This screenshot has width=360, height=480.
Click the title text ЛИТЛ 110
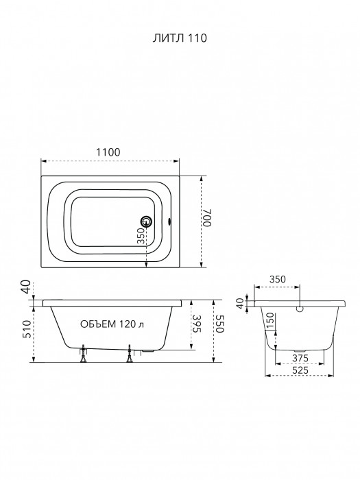180,38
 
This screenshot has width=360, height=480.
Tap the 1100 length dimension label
108,152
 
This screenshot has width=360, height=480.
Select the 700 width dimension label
207,217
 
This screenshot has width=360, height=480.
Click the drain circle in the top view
146,221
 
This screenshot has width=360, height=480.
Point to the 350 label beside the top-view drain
141,235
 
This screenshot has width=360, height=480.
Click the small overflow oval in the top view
169,221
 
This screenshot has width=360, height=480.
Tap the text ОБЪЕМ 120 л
112,324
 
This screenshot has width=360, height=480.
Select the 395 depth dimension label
197,324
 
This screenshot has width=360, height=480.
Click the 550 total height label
220,324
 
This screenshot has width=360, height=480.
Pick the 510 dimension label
27,329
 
